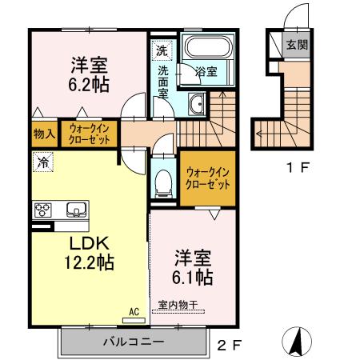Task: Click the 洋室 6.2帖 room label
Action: click(x=87, y=73)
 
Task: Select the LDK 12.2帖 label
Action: click(x=88, y=251)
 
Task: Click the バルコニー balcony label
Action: click(x=133, y=342)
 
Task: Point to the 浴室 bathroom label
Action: click(x=206, y=72)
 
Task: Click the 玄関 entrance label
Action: click(x=297, y=45)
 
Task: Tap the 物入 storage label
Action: click(x=44, y=134)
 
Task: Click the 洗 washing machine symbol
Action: click(x=162, y=50)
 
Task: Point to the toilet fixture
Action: click(x=165, y=182)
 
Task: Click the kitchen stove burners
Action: click(x=42, y=210)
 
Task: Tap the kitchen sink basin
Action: click(x=77, y=210)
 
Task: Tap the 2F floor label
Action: click(x=230, y=346)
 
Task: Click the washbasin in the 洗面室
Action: click(x=197, y=102)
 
